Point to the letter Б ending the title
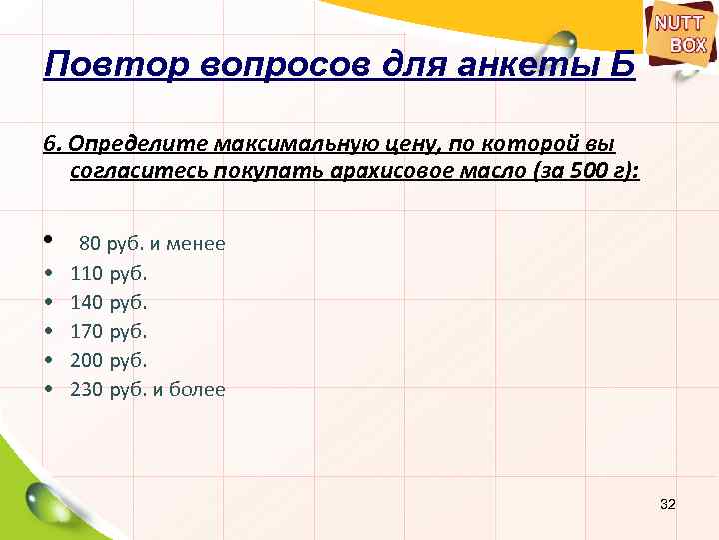click(620, 68)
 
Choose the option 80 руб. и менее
click(152, 243)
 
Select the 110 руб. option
click(108, 272)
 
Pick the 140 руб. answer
click(108, 301)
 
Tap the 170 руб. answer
click(108, 330)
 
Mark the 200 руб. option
click(108, 360)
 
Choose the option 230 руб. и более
click(148, 389)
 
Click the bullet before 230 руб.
click(48, 390)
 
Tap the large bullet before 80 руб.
click(48, 242)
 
